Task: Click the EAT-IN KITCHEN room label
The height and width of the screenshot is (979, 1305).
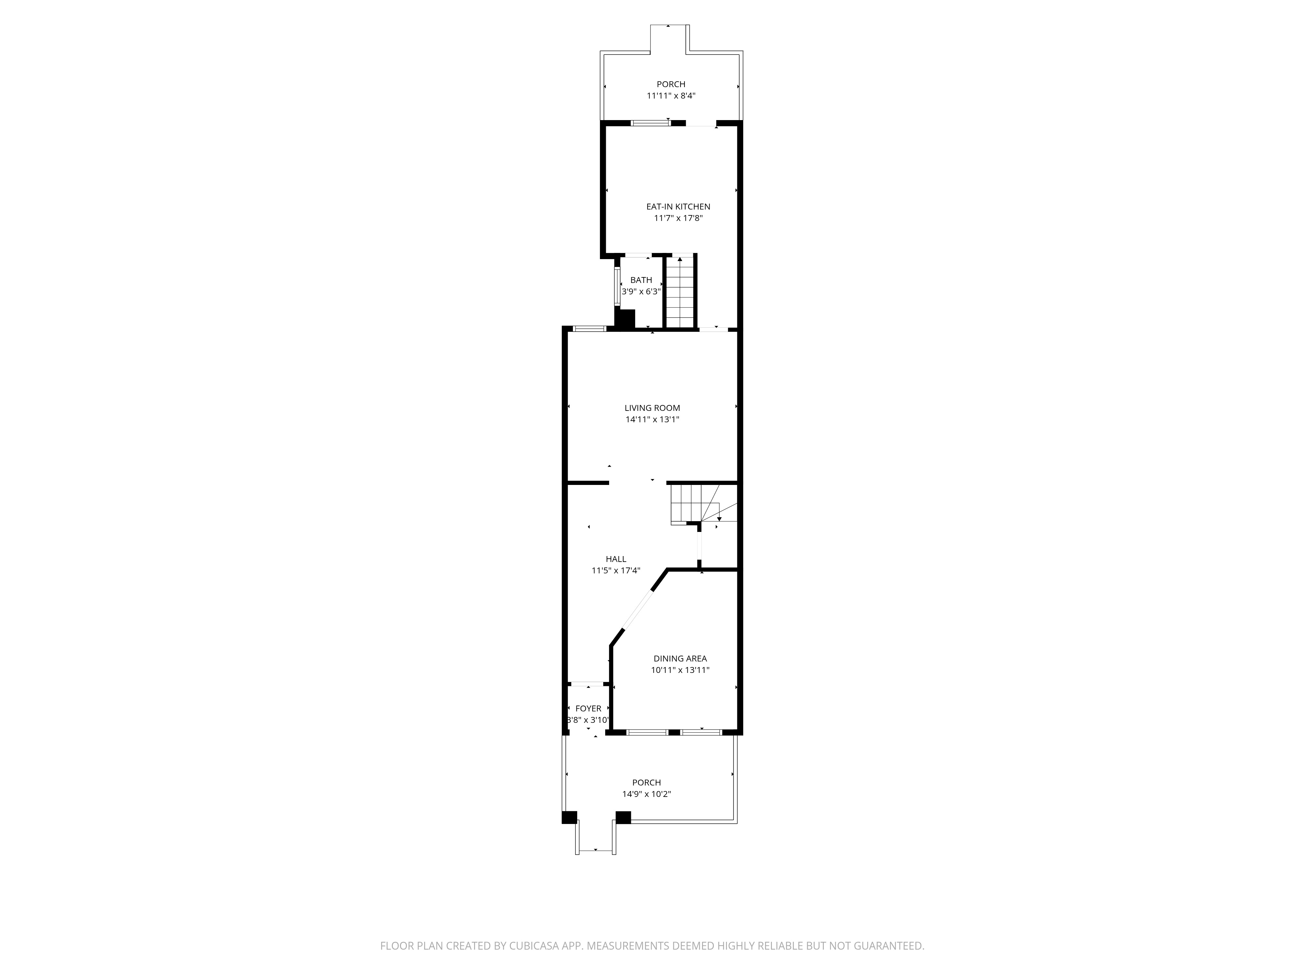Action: pyautogui.click(x=678, y=207)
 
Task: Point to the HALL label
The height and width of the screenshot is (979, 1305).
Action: pyautogui.click(x=616, y=559)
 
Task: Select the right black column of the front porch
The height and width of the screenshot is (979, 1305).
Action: pyautogui.click(x=623, y=817)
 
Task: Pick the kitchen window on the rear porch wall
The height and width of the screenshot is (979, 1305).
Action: pyautogui.click(x=648, y=123)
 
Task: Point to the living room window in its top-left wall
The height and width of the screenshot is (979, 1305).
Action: pyautogui.click(x=590, y=329)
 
